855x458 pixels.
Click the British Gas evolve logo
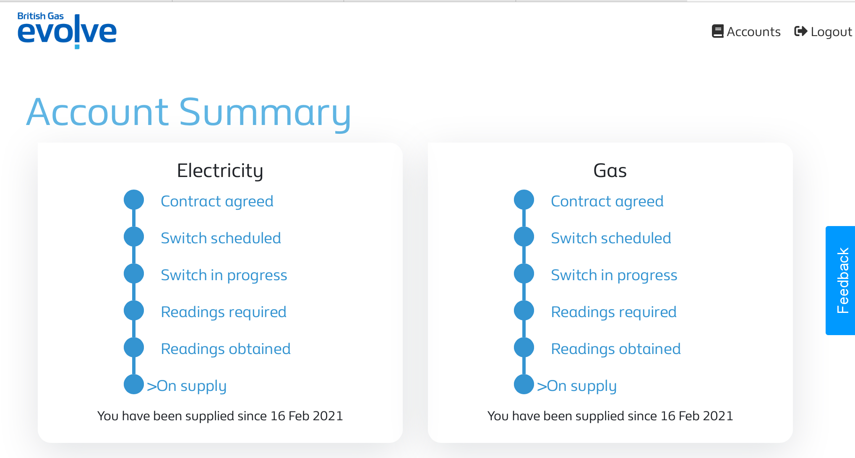67,31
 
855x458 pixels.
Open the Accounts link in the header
746,31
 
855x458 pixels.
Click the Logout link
823,31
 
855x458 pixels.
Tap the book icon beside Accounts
718,31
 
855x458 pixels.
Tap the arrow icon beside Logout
800,31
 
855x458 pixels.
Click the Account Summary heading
189,112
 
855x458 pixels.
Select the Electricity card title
220,171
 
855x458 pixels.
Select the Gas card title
610,171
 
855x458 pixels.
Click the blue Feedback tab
840,281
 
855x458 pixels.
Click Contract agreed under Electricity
217,201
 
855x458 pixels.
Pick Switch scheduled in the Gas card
611,238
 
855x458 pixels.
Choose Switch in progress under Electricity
224,275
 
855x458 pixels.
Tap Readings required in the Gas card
614,312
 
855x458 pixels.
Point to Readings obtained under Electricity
226,349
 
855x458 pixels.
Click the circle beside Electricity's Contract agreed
134,200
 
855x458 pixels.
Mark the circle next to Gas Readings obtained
524,347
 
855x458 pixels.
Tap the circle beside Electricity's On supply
134,384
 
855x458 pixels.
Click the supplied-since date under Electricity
307,416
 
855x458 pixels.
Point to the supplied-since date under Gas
697,416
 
